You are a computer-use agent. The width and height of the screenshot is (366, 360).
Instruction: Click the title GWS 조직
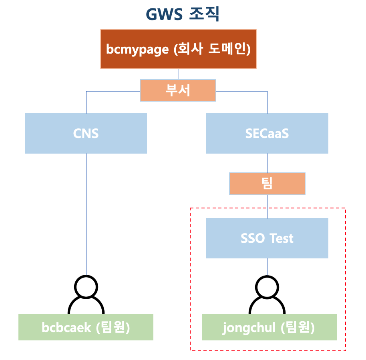pyautogui.click(x=182, y=14)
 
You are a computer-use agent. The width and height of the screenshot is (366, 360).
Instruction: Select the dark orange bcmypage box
pyautogui.click(x=178, y=49)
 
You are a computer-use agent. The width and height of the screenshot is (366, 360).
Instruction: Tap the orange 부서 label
pyautogui.click(x=178, y=90)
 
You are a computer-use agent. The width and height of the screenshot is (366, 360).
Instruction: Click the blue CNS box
pyautogui.click(x=86, y=133)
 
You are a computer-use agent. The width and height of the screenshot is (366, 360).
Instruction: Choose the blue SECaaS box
pyautogui.click(x=267, y=133)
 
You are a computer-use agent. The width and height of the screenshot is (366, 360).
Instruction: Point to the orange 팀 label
pyautogui.click(x=267, y=184)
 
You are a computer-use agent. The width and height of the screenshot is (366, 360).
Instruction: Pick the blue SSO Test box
pyautogui.click(x=267, y=238)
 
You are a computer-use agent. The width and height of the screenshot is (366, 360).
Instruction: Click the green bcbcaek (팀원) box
pyautogui.click(x=86, y=327)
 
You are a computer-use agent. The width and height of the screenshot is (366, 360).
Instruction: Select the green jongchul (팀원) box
pyautogui.click(x=269, y=327)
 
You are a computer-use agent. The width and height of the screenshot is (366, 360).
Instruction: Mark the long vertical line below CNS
pyautogui.click(x=86, y=212)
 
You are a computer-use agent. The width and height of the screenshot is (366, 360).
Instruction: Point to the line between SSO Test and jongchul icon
pyautogui.click(x=267, y=266)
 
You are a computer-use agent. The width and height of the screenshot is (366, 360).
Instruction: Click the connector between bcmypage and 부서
pyautogui.click(x=179, y=74)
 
